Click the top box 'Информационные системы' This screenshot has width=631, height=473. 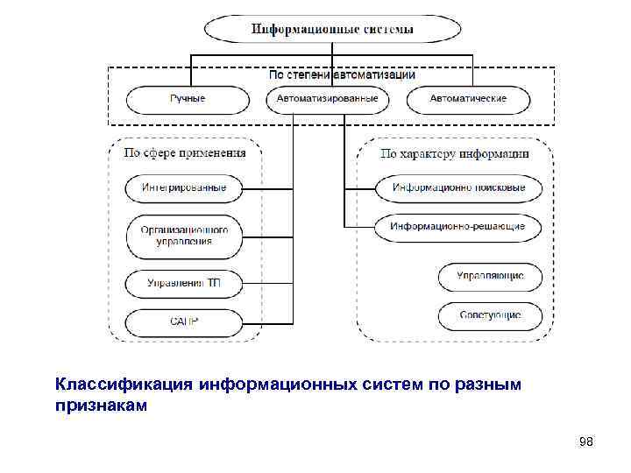[x=332, y=29]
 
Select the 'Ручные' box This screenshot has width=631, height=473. [x=187, y=99]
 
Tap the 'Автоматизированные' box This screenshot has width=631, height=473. [x=328, y=99]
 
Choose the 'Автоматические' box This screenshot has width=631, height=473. [x=468, y=99]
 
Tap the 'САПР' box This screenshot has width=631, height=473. [x=184, y=321]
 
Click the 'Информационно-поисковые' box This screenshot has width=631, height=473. [x=459, y=187]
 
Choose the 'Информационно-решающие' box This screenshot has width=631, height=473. [x=459, y=227]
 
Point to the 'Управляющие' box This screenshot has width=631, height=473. [x=490, y=276]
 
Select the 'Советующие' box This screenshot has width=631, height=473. [x=490, y=315]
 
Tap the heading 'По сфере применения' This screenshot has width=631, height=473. [x=184, y=152]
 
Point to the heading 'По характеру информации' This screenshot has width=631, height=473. [x=455, y=153]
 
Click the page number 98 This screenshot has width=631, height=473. [x=586, y=442]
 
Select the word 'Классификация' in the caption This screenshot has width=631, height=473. [x=124, y=385]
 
